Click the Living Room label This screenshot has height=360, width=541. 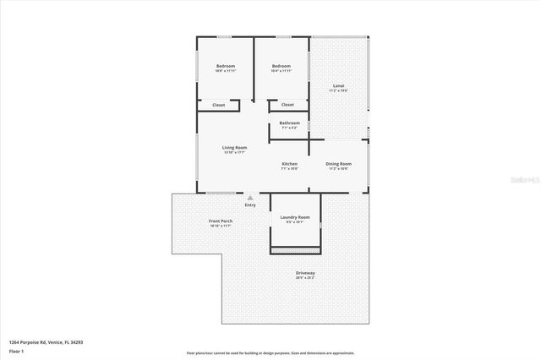click(x=234, y=148)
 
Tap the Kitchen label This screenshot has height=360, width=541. click(x=289, y=163)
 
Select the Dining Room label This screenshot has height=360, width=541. click(x=339, y=163)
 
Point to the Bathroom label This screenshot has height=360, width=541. click(x=289, y=123)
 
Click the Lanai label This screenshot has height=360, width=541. click(x=339, y=85)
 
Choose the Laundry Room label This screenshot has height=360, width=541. click(x=295, y=217)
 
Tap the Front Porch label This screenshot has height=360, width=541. click(x=221, y=221)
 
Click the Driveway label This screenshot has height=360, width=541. click(x=305, y=272)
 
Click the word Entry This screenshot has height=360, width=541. click(x=250, y=205)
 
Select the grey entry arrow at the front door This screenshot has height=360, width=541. click(x=250, y=198)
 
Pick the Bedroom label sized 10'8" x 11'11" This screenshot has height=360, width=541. click(x=225, y=66)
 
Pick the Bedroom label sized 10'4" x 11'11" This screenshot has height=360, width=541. click(x=281, y=66)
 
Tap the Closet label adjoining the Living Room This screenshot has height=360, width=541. click(x=218, y=105)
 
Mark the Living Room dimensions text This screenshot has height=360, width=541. click(x=234, y=153)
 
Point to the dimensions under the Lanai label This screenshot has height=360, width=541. click(x=339, y=90)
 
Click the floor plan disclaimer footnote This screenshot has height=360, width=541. click(x=270, y=353)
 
